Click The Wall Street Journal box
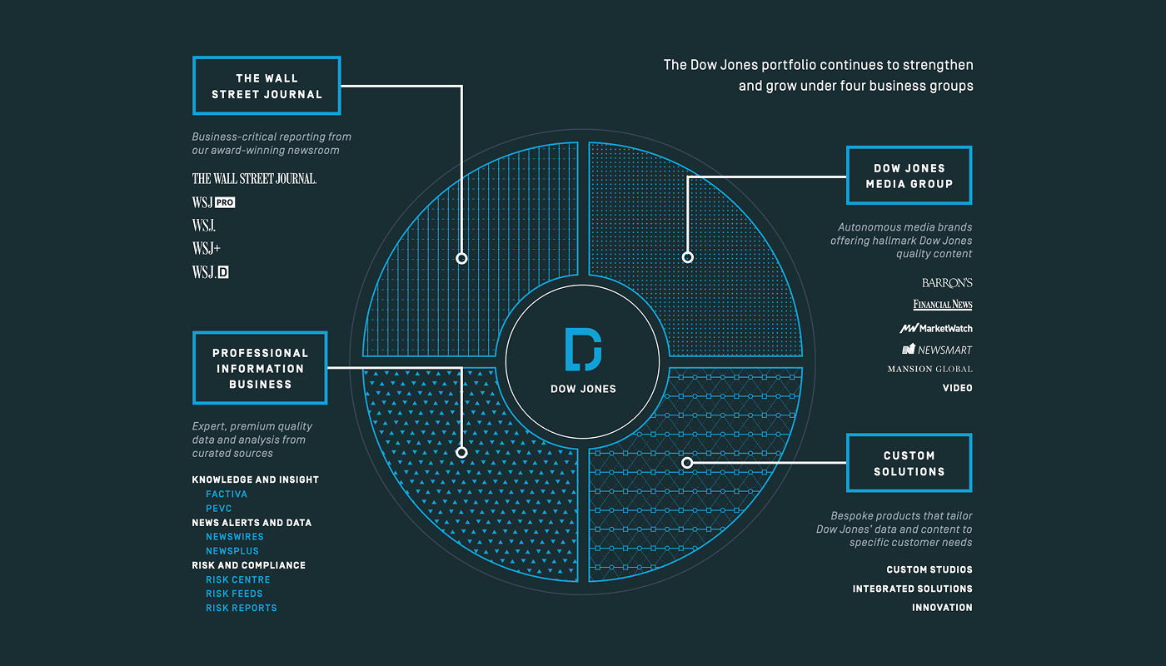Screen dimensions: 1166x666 click(x=267, y=86)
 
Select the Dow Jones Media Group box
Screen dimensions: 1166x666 click(x=909, y=176)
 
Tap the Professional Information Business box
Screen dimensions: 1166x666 click(x=260, y=368)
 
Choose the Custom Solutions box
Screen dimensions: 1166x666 click(x=909, y=463)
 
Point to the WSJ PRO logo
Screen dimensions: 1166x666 click(x=214, y=202)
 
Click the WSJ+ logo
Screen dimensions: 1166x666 click(x=207, y=248)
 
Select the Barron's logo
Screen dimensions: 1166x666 click(x=947, y=283)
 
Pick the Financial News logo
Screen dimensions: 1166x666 click(x=942, y=305)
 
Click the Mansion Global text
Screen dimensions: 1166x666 click(x=929, y=369)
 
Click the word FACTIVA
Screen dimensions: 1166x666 click(x=227, y=495)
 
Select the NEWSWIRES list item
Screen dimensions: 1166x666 click(x=235, y=537)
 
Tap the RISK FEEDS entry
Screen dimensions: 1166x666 click(x=234, y=594)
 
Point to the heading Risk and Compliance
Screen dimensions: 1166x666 click(x=248, y=565)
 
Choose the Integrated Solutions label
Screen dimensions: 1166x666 click(x=912, y=589)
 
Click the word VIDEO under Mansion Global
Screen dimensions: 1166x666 click(x=957, y=388)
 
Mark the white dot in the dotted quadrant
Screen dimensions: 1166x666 click(x=687, y=257)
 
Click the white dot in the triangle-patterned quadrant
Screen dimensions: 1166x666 click(x=461, y=453)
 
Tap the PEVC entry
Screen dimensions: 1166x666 click(x=219, y=509)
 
